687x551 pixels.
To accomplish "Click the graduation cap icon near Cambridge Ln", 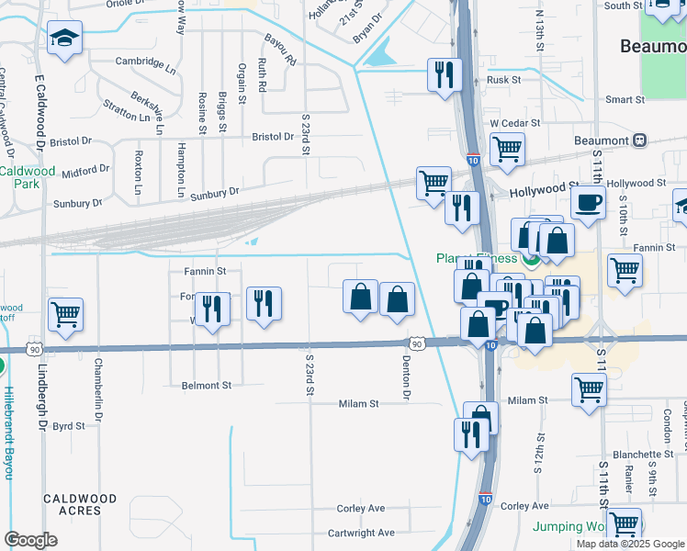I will pyautogui.click(x=64, y=38).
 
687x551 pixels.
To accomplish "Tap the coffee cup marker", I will pyautogui.click(x=588, y=203).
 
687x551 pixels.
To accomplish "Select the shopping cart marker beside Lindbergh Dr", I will pyautogui.click(x=66, y=315).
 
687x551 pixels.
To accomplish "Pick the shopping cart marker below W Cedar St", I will pyautogui.click(x=507, y=149).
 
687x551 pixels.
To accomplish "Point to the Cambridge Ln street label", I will pyautogui.click(x=146, y=63).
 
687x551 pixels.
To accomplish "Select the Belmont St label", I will pyautogui.click(x=207, y=387).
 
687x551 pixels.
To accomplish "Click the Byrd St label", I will pyautogui.click(x=69, y=426).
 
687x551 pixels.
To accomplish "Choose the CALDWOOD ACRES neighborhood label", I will pyautogui.click(x=81, y=505).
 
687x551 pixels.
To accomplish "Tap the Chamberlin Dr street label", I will pyautogui.click(x=97, y=384).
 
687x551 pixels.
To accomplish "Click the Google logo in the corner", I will pyautogui.click(x=30, y=540).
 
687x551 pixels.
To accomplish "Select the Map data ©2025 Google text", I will pyautogui.click(x=629, y=544).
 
